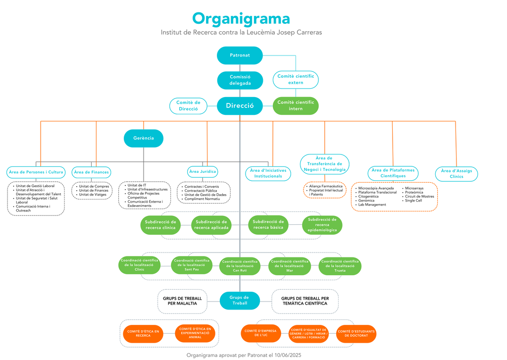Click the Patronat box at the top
point(240,55)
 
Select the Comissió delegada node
point(240,80)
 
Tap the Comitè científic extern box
point(296,79)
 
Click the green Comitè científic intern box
point(296,105)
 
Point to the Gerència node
point(144,138)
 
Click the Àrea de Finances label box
point(91,172)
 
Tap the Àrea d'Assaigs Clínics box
point(456,174)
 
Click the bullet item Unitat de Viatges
point(93,195)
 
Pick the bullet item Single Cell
point(413,201)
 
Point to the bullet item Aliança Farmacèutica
point(325,186)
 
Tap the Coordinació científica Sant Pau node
point(191,265)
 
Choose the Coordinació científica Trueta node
point(340,266)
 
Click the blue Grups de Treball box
point(240,300)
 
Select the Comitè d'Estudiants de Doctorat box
point(356,334)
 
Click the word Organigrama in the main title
point(241,18)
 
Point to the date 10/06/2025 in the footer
point(289,355)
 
